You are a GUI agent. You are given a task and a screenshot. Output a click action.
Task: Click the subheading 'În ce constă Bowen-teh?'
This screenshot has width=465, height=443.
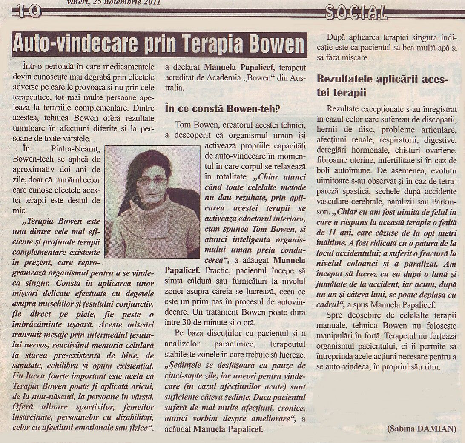222,109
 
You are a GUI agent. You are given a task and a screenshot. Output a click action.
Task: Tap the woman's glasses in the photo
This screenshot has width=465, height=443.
151,181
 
